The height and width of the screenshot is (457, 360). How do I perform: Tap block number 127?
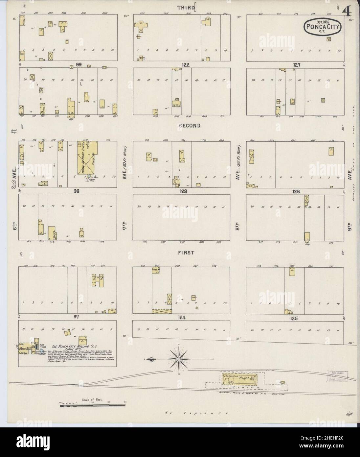(297, 65)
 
